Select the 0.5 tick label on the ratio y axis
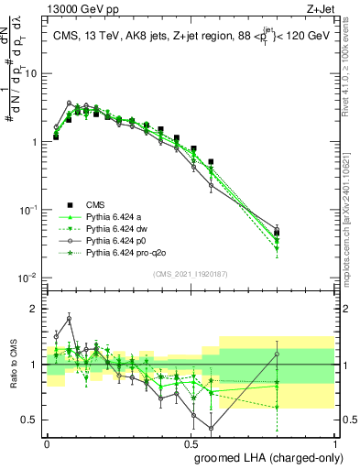coord(30,420)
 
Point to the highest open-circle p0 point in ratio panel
coord(69,319)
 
